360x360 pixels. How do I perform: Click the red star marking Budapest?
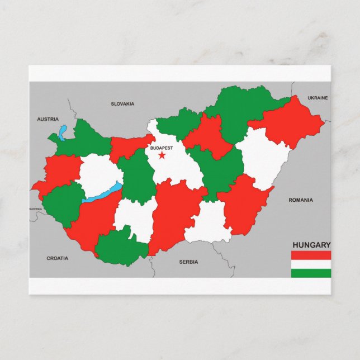pyautogui.click(x=162, y=155)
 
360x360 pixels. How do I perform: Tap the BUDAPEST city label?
pyautogui.click(x=162, y=148)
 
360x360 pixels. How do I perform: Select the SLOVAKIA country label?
pyautogui.click(x=122, y=103)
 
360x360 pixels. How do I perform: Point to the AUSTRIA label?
pyautogui.click(x=48, y=119)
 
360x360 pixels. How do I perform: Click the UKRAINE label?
pyautogui.click(x=318, y=98)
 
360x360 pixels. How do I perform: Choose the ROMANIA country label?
pyautogui.click(x=301, y=200)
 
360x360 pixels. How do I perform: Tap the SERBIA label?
pyautogui.click(x=189, y=262)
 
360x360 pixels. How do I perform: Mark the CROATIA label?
pyautogui.click(x=57, y=258)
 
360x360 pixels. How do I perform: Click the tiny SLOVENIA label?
pyautogui.click(x=35, y=209)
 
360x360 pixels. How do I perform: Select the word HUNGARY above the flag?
pyautogui.click(x=311, y=244)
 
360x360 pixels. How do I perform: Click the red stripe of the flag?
pyautogui.click(x=311, y=255)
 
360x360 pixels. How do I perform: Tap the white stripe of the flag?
pyautogui.click(x=311, y=264)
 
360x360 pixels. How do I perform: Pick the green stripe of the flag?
pyautogui.click(x=311, y=273)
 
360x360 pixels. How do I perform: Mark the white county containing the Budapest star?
pyautogui.click(x=173, y=168)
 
